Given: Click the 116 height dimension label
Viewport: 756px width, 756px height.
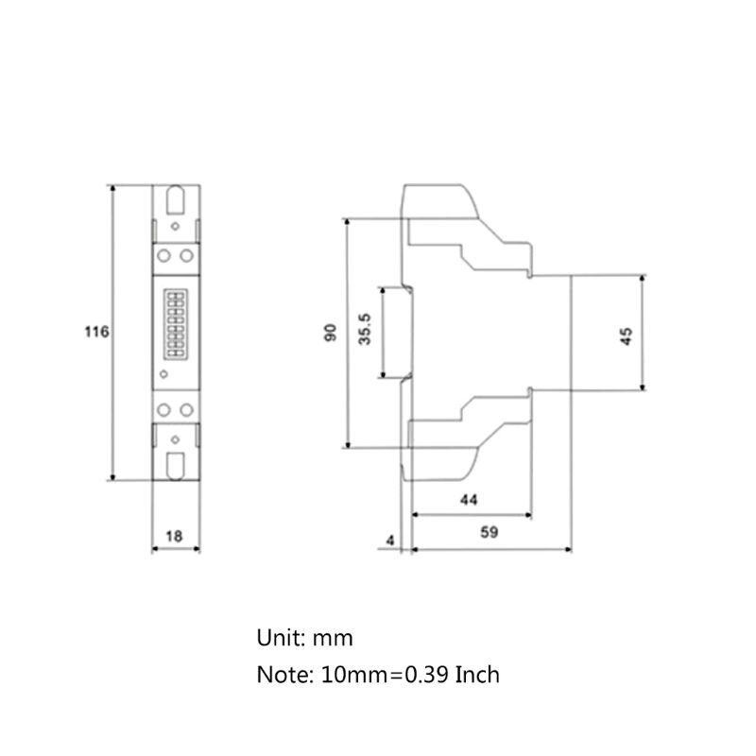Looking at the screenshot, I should [97, 333].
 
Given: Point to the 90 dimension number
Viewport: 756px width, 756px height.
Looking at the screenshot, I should [330, 333].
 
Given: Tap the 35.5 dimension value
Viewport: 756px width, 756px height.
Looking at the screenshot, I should [365, 332].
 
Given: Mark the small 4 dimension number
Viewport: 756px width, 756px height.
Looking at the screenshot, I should [390, 541].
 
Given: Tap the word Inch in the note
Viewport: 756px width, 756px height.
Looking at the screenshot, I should [477, 675].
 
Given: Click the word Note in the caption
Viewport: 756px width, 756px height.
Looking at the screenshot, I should [280, 675].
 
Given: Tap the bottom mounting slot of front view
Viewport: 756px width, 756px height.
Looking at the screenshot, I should [176, 465].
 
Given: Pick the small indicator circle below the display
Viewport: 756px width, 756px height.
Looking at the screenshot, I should [164, 376].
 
